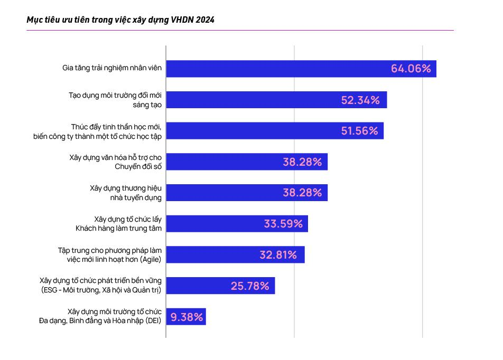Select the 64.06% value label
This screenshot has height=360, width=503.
coord(411,69)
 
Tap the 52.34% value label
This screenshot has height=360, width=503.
coord(360,100)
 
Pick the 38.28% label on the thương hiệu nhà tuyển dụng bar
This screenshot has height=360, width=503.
coord(302,193)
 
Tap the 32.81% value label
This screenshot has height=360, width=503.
coord(278,255)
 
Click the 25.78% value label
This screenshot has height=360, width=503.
coord(250,286)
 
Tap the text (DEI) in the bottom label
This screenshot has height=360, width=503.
coord(151,321)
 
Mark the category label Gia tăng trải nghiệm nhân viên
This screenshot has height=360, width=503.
coord(111,69)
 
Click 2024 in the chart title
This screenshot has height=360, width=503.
coord(204,20)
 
